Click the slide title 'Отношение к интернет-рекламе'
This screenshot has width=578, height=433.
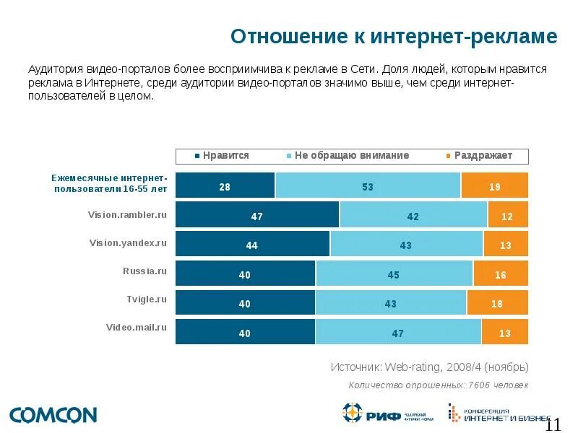coord(394,37)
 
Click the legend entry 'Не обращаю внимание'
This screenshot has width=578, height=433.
coord(351,156)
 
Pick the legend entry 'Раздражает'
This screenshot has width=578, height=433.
coord(483,156)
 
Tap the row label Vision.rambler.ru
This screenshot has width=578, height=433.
coord(127,214)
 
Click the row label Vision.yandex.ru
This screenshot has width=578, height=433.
coord(128,243)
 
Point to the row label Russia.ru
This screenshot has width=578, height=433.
coord(144,272)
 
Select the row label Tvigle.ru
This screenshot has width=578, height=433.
coord(147,299)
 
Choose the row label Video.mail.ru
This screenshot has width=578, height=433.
coord(137,327)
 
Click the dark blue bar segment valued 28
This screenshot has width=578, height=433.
coord(225,185)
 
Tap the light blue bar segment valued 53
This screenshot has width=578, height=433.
coord(368,185)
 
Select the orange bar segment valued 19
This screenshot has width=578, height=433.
coord(494,185)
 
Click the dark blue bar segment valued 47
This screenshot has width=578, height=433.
coord(257,215)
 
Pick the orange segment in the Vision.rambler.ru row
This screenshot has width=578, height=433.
coord(507,215)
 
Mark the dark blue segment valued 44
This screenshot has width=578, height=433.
coord(252,244)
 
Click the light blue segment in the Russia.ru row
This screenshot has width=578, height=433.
coord(394,274)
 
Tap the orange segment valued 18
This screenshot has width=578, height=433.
coord(497,303)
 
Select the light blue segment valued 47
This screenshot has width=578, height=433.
coord(398,332)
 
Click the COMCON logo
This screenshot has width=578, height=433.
coord(53,415)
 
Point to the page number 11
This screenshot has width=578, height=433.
coord(553,424)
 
